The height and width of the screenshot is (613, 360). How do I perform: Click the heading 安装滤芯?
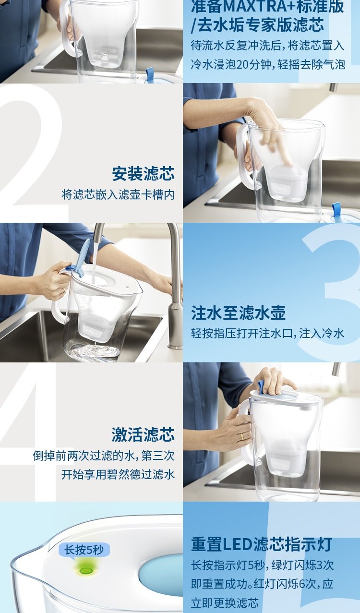click(143, 173)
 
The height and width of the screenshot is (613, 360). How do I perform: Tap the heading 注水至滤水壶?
click(238, 313)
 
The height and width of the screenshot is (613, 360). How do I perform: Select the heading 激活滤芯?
click(143, 434)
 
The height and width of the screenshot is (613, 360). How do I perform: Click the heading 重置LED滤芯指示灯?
click(262, 544)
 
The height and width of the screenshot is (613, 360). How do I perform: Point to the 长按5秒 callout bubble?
click(84, 550)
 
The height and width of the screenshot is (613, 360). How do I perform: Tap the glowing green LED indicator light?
click(86, 571)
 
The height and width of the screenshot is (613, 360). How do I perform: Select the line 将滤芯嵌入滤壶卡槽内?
click(118, 194)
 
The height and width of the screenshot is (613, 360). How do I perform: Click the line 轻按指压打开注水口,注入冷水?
click(267, 333)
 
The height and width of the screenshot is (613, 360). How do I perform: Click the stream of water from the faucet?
click(94, 263)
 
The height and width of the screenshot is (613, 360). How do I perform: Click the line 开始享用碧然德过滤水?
click(118, 474)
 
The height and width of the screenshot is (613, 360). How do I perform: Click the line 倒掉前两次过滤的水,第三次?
click(104, 456)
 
